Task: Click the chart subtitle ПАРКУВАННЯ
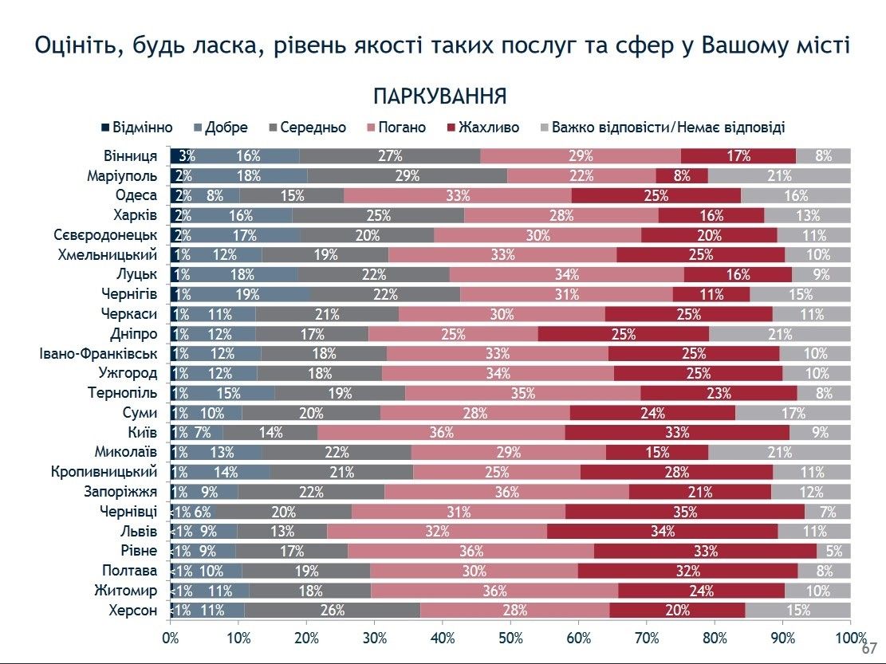(x=439, y=96)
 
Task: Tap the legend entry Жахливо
(x=483, y=128)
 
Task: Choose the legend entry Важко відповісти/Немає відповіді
(x=662, y=128)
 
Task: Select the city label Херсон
(x=132, y=611)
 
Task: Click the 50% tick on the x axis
(x=510, y=638)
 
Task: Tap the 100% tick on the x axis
(x=850, y=638)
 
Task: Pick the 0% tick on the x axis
(x=170, y=638)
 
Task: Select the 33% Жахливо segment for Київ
(x=677, y=433)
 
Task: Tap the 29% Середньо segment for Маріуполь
(x=407, y=176)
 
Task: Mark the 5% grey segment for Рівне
(x=833, y=552)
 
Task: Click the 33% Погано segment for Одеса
(x=457, y=196)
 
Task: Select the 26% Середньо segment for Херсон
(x=332, y=611)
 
